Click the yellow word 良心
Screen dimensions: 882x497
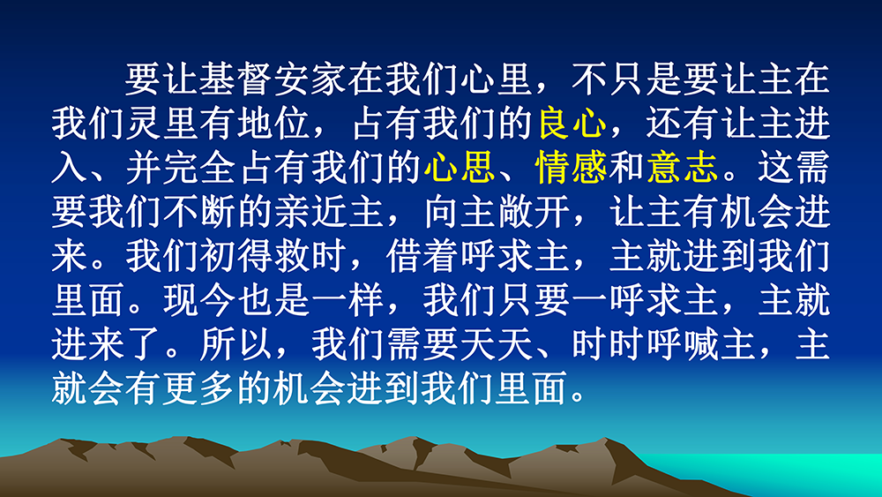coord(572,123)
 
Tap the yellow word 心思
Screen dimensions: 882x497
coord(460,167)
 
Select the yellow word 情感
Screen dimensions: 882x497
coord(572,167)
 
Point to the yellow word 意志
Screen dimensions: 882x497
coord(683,167)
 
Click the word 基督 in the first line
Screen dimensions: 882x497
coord(235,79)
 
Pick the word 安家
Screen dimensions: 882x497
coord(310,79)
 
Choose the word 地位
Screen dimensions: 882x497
coord(273,123)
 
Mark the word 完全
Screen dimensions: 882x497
coord(198,167)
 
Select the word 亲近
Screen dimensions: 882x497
coord(310,212)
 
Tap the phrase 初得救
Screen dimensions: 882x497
coord(254,256)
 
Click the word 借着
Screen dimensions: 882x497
coord(422,256)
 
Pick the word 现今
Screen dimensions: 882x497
coord(198,300)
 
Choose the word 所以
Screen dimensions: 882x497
coord(235,344)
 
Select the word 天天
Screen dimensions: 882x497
coord(496,344)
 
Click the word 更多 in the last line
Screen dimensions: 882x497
coord(198,389)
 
